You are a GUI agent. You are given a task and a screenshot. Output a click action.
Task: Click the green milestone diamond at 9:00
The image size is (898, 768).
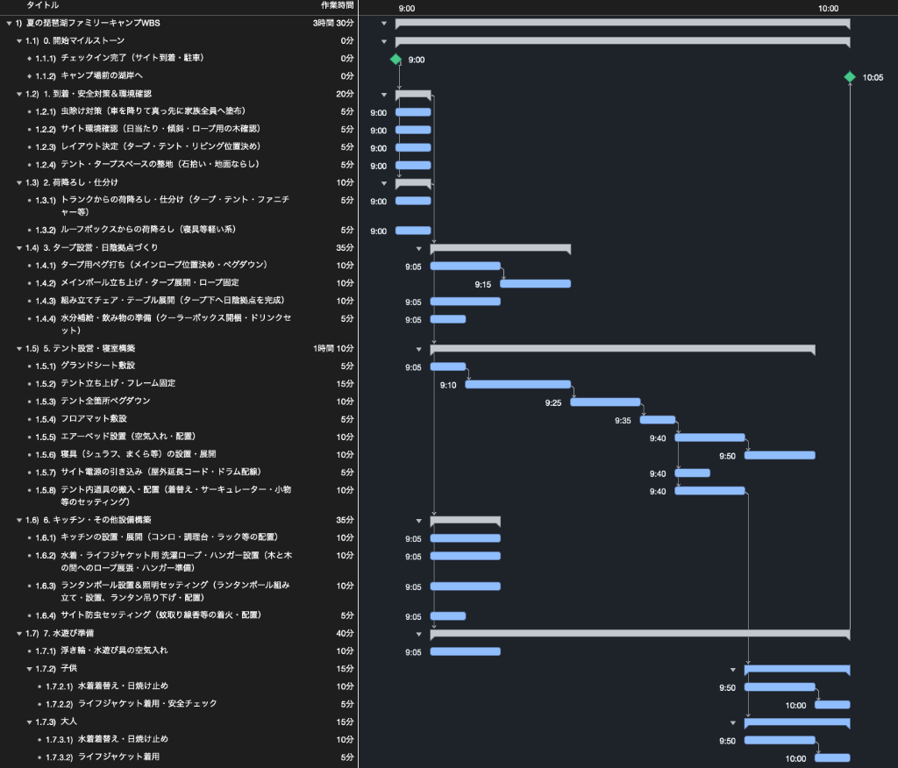(x=396, y=59)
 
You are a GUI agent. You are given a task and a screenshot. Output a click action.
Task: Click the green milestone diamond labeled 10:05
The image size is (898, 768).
(x=849, y=77)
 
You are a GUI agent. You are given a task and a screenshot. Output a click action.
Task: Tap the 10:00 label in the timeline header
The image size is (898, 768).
(x=828, y=9)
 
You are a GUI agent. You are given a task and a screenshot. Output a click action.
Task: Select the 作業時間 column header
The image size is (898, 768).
(x=338, y=5)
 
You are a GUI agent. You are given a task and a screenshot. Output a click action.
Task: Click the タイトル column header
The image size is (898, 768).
(x=42, y=5)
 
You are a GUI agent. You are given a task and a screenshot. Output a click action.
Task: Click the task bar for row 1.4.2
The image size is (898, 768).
(x=536, y=283)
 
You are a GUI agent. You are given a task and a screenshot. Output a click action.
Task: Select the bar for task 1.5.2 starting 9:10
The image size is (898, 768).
(x=517, y=384)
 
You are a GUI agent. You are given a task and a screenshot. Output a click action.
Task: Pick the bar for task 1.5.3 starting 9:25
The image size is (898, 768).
(x=605, y=402)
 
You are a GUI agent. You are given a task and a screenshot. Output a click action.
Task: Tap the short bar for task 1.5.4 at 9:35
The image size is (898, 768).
(x=658, y=420)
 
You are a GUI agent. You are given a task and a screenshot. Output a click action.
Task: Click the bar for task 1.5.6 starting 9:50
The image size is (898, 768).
(x=780, y=455)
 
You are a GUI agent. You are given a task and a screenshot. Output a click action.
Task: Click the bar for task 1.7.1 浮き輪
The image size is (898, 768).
(x=466, y=651)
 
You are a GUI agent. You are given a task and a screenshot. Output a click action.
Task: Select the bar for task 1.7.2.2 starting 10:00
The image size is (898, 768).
(x=832, y=704)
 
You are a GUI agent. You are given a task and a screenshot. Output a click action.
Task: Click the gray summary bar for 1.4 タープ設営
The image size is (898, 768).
(x=501, y=249)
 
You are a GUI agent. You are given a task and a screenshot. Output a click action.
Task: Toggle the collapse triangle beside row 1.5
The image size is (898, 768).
(x=19, y=349)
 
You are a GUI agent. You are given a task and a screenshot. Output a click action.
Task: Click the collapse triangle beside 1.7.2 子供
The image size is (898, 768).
(x=30, y=669)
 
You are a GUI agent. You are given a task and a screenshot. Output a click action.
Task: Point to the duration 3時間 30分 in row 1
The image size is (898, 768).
(x=333, y=23)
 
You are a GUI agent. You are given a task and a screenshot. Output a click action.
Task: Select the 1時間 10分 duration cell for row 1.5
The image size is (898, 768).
(x=333, y=348)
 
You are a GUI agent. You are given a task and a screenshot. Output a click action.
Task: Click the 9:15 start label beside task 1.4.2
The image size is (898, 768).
(x=483, y=285)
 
